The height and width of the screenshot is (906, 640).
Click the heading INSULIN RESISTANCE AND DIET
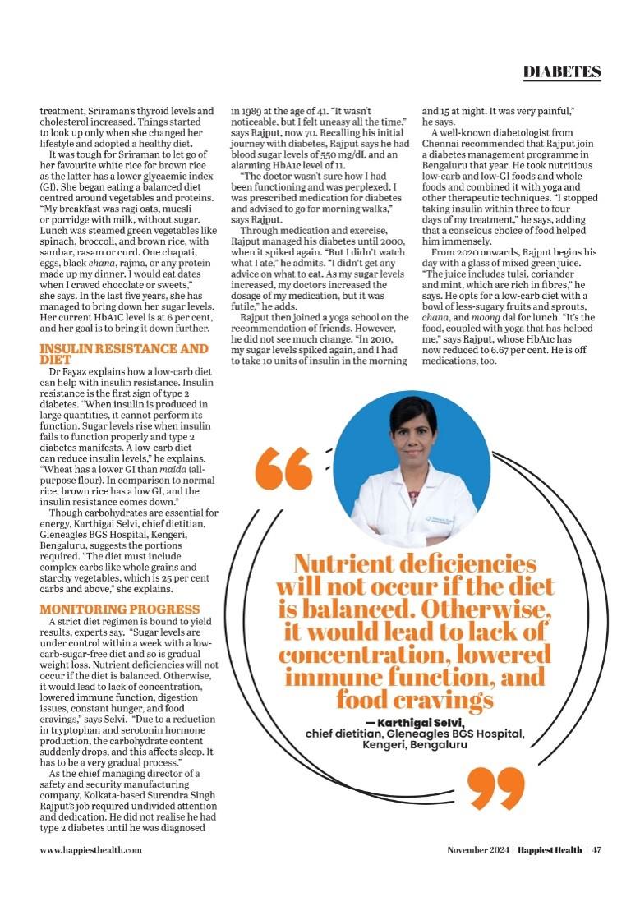point(124,353)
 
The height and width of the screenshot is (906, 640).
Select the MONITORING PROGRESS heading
point(120,609)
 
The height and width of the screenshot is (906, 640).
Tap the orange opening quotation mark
point(283,469)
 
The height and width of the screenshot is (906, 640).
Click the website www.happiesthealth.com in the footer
point(90,849)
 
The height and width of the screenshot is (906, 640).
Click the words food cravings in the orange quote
point(415,699)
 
